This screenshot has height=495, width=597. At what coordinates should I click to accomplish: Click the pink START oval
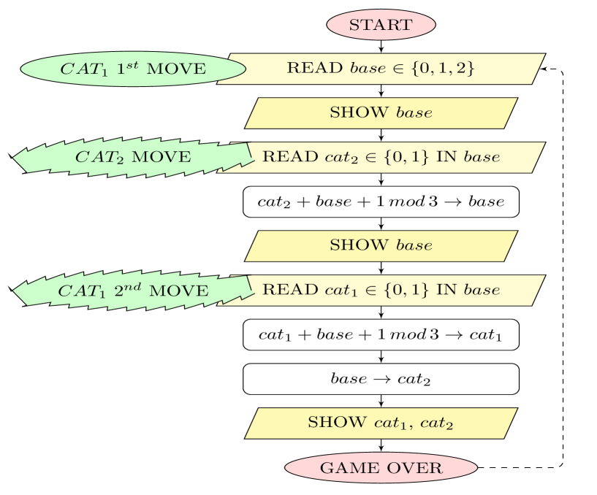(x=381, y=25)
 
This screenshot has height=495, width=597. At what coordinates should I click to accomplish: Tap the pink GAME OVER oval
(x=381, y=468)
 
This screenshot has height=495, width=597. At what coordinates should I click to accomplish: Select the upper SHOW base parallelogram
(x=381, y=113)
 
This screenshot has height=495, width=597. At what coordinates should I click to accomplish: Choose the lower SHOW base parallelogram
(x=381, y=246)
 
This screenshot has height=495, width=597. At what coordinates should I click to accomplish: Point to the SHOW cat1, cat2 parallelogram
(x=381, y=423)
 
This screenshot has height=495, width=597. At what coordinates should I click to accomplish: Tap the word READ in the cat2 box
(x=280, y=157)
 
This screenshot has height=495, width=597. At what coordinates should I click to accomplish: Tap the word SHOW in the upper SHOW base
(x=359, y=113)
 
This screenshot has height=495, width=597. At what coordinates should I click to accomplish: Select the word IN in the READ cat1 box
(x=446, y=290)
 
